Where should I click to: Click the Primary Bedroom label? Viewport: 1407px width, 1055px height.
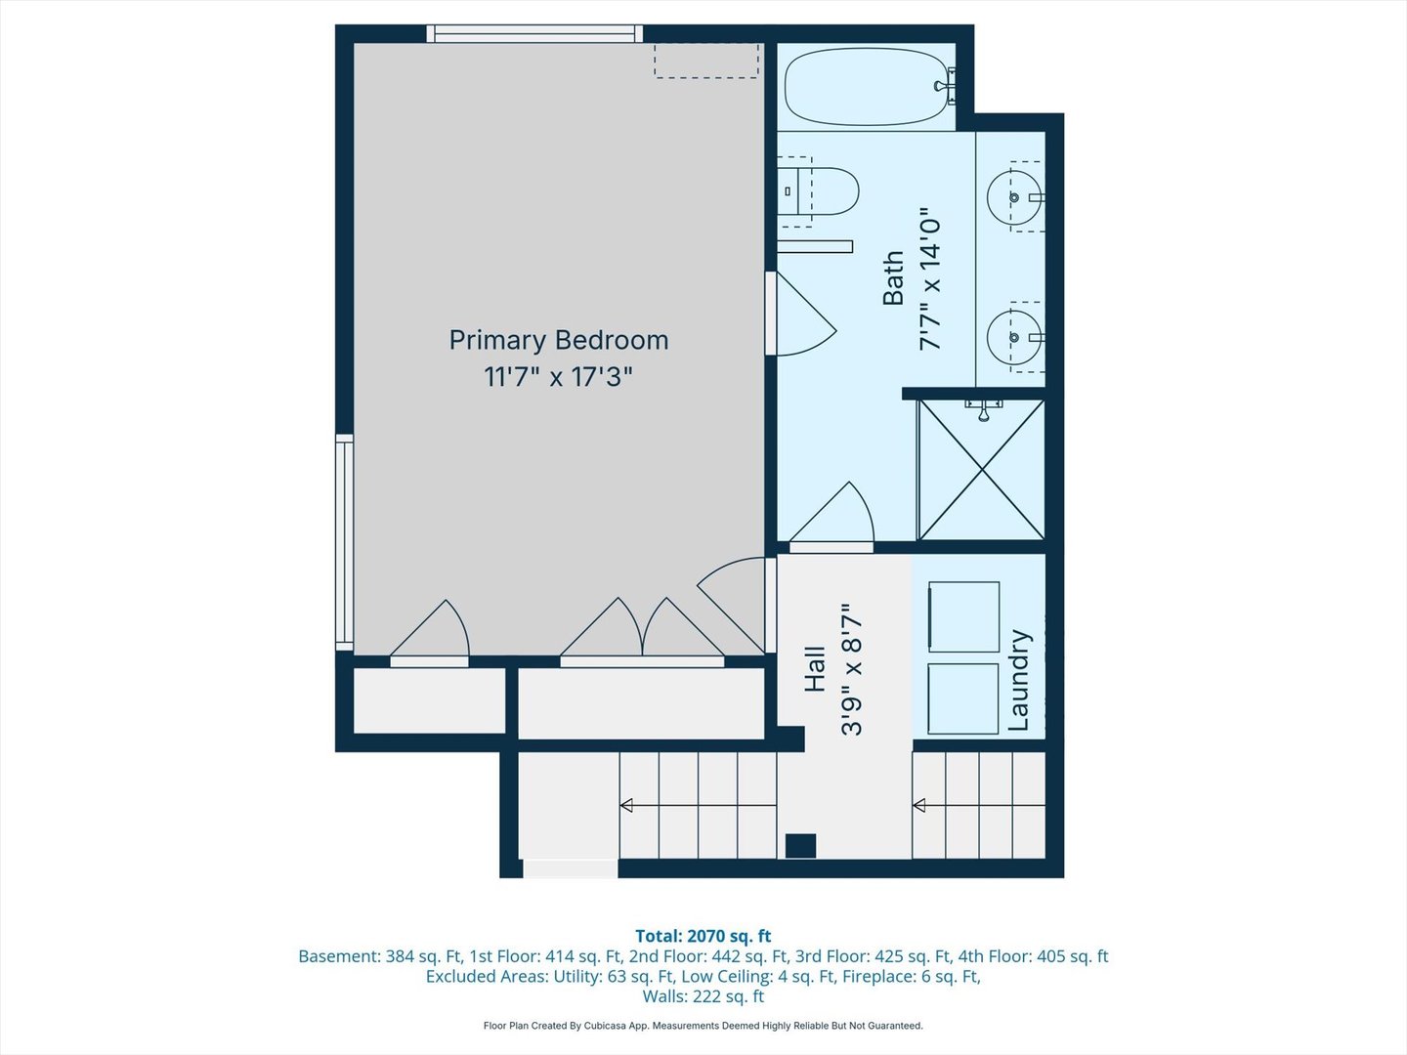click(x=558, y=340)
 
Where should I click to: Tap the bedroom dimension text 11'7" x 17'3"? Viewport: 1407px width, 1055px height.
click(x=558, y=377)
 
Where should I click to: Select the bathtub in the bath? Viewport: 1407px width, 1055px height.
click(x=867, y=87)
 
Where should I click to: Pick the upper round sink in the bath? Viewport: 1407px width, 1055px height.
click(x=1013, y=197)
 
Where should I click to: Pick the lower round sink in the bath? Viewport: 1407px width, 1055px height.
click(x=1013, y=337)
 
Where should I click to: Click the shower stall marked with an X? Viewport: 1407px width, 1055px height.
click(x=981, y=470)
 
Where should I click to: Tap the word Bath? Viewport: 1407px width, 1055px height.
click(x=893, y=278)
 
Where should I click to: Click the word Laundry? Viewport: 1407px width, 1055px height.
click(x=1019, y=680)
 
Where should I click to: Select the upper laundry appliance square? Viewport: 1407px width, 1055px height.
click(x=963, y=616)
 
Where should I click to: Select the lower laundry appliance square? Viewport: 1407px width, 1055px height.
click(x=963, y=698)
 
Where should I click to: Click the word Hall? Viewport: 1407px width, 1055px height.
click(x=815, y=669)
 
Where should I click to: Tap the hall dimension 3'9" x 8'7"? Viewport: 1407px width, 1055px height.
click(x=852, y=669)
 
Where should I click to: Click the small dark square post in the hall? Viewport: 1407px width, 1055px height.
click(x=800, y=846)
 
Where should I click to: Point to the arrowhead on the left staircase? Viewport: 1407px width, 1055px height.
click(x=626, y=806)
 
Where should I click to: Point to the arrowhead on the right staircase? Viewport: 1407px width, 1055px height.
click(x=919, y=806)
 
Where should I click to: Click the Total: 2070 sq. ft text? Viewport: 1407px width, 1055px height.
click(x=703, y=936)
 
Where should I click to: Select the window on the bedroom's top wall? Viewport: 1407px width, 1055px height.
click(x=534, y=34)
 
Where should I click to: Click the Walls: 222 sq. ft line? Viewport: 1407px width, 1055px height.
click(x=703, y=996)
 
